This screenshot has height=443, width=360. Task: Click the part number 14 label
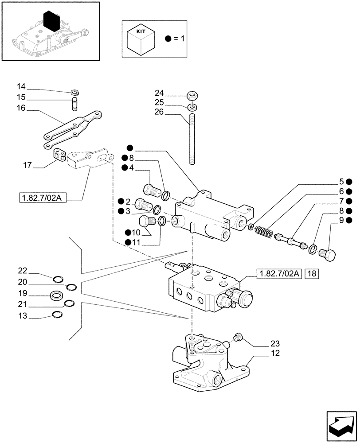[x=22, y=86]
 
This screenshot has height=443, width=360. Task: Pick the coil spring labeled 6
[x=264, y=232]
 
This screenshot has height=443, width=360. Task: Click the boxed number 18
[x=312, y=274]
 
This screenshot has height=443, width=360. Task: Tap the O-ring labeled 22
[x=58, y=279]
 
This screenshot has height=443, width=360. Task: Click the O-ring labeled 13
[x=57, y=315]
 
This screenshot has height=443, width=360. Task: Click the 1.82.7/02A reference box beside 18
[x=278, y=274]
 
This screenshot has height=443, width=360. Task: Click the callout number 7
[x=341, y=201]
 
